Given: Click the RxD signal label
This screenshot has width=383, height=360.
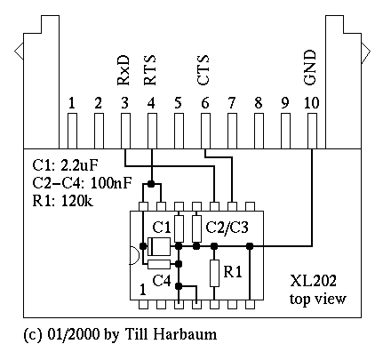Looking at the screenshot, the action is (124, 70).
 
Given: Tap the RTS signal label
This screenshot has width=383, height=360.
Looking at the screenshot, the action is (149, 70).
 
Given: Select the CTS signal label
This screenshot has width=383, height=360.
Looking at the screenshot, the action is (203, 70).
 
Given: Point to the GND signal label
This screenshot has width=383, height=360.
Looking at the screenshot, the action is (310, 68).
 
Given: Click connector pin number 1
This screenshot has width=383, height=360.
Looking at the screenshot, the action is (72, 103).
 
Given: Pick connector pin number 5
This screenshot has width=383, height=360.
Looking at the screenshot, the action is (178, 103).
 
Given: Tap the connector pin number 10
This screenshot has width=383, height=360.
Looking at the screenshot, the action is (312, 103).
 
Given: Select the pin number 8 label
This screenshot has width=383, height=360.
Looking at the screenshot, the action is (259, 103).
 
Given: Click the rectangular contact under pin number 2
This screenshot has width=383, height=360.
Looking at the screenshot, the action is (99, 131).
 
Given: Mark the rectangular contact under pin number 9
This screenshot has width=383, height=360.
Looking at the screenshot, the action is (285, 131).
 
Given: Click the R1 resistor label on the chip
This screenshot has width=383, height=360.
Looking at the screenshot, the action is (233, 272).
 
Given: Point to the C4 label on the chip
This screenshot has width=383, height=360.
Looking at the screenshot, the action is (162, 280).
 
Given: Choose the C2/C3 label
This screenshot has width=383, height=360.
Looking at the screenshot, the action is (227, 228).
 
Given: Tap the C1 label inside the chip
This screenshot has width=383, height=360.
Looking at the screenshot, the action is (162, 228).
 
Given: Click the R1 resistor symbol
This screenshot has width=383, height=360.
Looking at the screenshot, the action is (214, 273).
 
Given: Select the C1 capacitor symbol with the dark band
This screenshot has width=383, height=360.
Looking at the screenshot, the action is (159, 246).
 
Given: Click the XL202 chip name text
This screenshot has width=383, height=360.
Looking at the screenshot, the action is (313, 281).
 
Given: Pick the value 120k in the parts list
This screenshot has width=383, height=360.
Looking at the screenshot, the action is (77, 201).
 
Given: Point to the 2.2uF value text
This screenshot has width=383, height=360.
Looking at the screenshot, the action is (79, 165).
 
